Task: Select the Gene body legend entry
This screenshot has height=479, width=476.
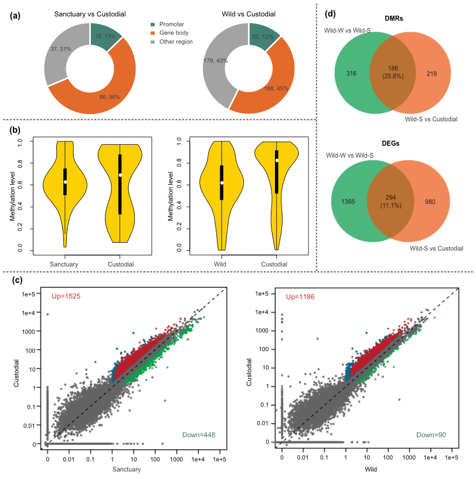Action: (x=174, y=33)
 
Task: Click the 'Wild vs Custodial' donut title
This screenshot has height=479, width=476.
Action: (x=249, y=13)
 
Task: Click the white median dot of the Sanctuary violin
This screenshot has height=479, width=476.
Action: (x=66, y=182)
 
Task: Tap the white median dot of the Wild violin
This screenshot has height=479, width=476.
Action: (x=221, y=183)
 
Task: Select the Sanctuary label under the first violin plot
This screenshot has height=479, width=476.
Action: (x=65, y=264)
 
